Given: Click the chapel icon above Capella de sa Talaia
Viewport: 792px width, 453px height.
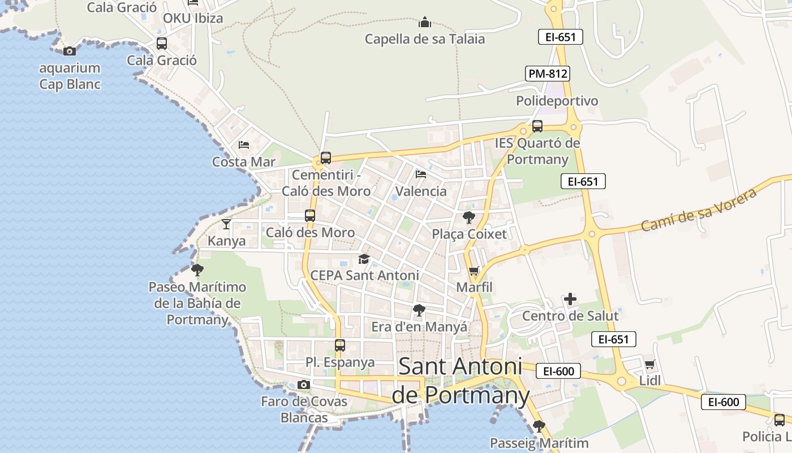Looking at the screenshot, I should (x=425, y=23).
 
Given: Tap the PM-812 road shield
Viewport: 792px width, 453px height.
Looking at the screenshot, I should (x=548, y=74).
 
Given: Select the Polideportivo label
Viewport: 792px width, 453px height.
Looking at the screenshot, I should (x=557, y=101).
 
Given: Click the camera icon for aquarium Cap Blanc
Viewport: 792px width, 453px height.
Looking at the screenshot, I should (x=70, y=52).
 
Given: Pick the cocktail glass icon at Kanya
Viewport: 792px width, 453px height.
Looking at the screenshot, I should (x=226, y=224).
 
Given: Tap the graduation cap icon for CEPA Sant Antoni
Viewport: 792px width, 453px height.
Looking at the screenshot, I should (x=364, y=259).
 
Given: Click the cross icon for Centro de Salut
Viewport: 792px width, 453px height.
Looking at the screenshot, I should (x=570, y=299).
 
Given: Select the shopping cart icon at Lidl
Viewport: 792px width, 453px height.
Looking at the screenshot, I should (x=649, y=364).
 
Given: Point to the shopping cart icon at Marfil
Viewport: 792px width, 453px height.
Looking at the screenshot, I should (x=474, y=271).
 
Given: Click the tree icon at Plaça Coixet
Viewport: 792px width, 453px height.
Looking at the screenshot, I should (x=468, y=217).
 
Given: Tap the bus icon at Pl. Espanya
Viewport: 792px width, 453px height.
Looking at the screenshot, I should (x=339, y=345).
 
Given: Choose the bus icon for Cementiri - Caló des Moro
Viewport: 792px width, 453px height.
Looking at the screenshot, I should (x=325, y=158).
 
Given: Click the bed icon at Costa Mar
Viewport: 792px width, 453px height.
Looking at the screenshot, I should (x=244, y=145).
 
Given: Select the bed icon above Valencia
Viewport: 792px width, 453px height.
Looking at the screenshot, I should (x=420, y=174).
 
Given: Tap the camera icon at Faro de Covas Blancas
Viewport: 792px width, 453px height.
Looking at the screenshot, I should (x=304, y=385).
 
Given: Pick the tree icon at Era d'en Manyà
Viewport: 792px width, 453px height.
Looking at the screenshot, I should (x=419, y=310).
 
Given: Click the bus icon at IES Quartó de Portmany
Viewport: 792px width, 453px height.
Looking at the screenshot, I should (x=537, y=126).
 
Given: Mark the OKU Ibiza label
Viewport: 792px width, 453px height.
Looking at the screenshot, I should (x=193, y=18).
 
